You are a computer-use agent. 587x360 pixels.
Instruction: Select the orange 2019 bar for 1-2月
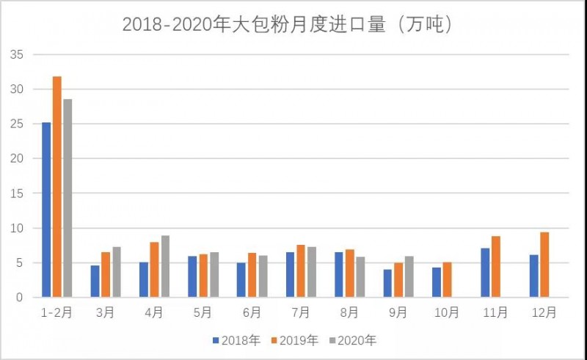[56, 187]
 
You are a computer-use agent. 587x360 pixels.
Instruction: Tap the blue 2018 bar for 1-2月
[46, 210]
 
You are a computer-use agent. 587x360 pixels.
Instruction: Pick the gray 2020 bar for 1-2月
[68, 198]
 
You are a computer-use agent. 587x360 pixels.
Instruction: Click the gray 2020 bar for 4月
[165, 266]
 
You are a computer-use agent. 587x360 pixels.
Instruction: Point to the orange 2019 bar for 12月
[544, 265]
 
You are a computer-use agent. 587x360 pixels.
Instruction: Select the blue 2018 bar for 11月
[485, 273]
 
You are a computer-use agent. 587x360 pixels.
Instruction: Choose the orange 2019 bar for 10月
[448, 279]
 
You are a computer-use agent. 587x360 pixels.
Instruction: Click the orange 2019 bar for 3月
[106, 275]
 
